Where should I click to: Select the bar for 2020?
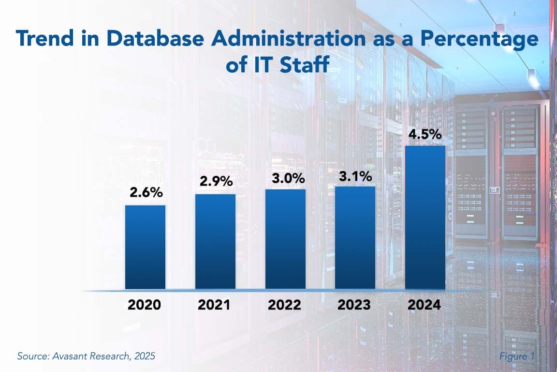(145, 247)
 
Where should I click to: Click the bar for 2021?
(215, 241)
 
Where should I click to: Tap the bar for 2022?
(285, 239)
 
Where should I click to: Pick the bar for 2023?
(355, 237)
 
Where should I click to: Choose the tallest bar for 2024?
(425, 217)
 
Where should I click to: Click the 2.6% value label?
(146, 192)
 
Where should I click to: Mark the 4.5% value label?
(425, 134)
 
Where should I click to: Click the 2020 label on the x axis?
(144, 305)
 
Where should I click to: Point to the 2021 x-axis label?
(215, 305)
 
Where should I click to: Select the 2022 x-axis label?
(284, 305)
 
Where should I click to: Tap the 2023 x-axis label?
(354, 305)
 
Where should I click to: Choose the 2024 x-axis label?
(424, 305)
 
